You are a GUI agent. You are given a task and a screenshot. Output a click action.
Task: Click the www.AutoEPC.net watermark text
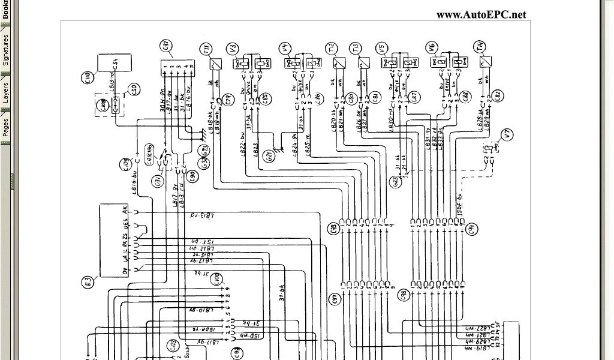tap(481, 14)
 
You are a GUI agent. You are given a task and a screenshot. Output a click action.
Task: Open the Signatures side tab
tap(5, 50)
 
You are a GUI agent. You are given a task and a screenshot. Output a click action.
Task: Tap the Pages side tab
tap(5, 127)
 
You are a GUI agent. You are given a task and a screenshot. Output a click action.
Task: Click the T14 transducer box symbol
tap(486, 61)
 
